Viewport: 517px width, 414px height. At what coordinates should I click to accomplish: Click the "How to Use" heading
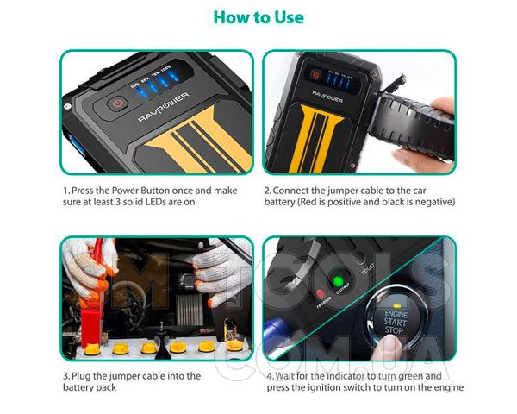click(x=258, y=17)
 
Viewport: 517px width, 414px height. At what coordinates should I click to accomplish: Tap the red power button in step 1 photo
click(x=117, y=103)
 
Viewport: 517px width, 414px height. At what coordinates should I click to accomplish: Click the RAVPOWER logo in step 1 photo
click(x=164, y=107)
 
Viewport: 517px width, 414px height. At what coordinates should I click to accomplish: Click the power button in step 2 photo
click(x=316, y=75)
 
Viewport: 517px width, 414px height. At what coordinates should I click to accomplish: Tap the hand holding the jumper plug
click(x=426, y=132)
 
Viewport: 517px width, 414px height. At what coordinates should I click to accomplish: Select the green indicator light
click(x=337, y=281)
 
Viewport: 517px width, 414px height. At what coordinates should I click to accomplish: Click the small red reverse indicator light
click(x=320, y=293)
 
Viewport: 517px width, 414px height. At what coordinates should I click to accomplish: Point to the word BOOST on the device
click(x=368, y=268)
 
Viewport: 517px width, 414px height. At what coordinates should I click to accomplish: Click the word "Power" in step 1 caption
click(x=125, y=191)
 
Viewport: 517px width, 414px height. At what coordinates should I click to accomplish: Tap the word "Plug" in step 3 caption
click(x=81, y=376)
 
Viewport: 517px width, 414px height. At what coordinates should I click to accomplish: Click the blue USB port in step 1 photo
click(x=77, y=145)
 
